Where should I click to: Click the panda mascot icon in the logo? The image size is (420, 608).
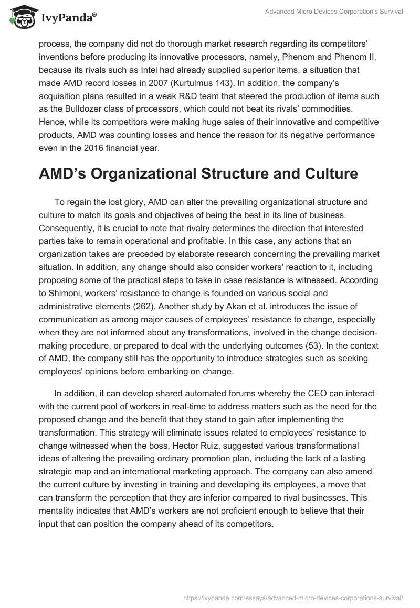19,18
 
